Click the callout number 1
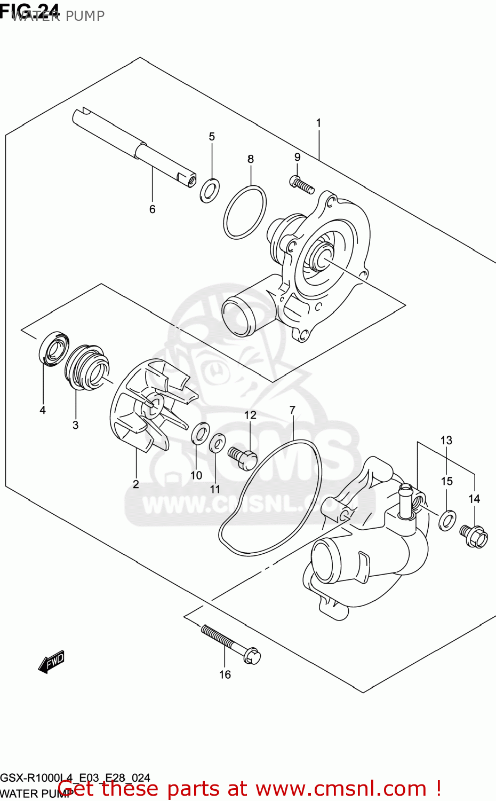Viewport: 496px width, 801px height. click(x=318, y=123)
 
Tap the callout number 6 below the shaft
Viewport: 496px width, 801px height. click(x=152, y=209)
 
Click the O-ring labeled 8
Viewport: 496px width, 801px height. click(x=245, y=212)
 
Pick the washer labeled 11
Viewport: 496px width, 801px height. click(x=217, y=443)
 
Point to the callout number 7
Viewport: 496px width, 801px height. click(x=292, y=410)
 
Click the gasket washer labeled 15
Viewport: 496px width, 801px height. click(x=447, y=520)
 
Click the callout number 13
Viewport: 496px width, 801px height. click(x=446, y=440)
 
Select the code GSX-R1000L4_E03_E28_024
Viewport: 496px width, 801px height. click(x=75, y=778)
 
